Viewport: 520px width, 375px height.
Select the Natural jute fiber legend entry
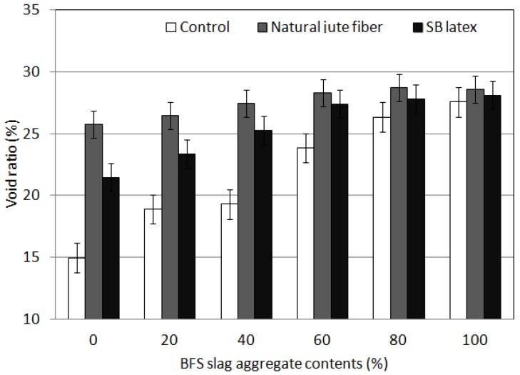[x=321, y=28]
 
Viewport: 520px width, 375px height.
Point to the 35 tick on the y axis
[x=44, y=11]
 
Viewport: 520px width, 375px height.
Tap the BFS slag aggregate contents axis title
[x=284, y=364]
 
